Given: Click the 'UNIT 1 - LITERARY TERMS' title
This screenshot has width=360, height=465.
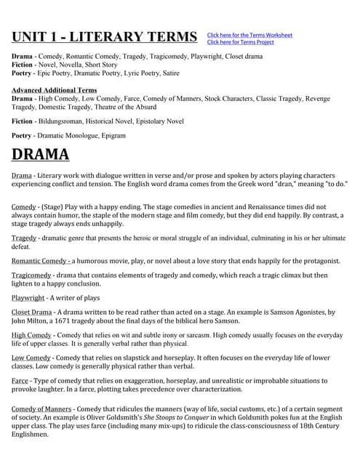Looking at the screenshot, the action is (104, 37).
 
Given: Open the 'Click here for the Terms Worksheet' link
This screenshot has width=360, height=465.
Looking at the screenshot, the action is (249, 35).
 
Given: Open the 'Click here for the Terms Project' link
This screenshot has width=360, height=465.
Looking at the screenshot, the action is (241, 42).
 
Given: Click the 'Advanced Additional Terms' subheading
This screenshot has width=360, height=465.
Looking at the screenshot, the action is (55, 90).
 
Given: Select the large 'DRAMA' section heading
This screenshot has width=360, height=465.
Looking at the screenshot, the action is (41, 154).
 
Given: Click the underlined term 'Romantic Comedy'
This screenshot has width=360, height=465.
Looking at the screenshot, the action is (41, 261).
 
